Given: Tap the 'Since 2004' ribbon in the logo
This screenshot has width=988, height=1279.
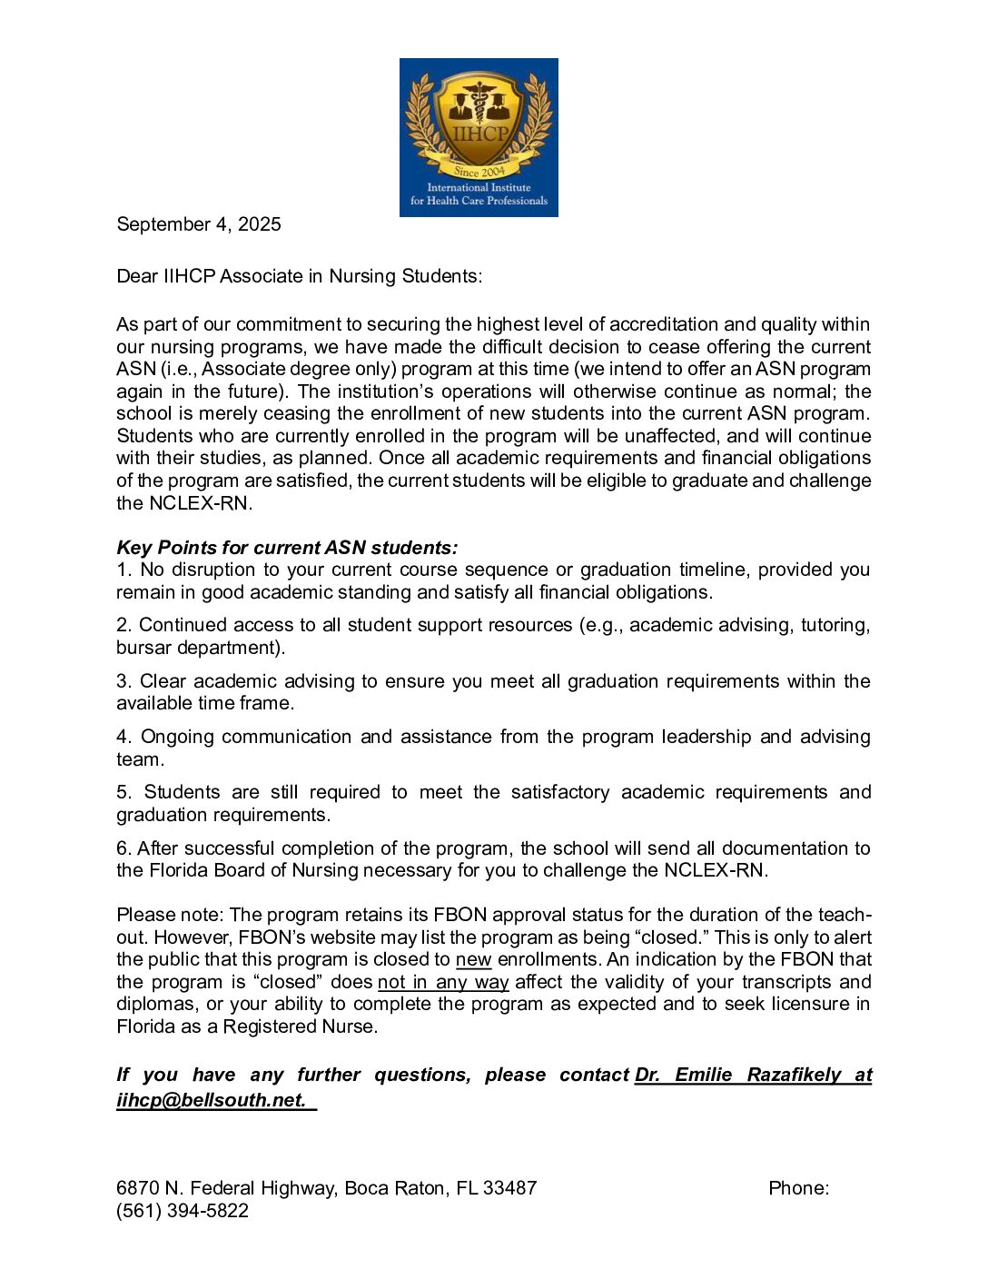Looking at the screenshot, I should (x=479, y=171).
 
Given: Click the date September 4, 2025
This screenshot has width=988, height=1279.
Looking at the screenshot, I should (x=199, y=224).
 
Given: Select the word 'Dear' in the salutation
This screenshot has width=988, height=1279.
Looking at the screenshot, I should (x=137, y=276).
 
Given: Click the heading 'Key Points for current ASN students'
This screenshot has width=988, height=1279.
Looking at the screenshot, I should (x=287, y=548).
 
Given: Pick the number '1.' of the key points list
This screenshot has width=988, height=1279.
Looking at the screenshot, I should (x=124, y=570).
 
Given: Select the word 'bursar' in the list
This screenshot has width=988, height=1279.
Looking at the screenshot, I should (x=141, y=648).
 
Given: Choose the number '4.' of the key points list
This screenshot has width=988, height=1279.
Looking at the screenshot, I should (x=124, y=737).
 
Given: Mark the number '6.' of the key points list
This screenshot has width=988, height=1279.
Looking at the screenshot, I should (x=124, y=848).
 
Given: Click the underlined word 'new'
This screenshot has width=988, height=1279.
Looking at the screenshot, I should (x=473, y=959).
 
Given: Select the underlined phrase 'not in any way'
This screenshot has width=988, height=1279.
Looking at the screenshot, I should (x=443, y=982).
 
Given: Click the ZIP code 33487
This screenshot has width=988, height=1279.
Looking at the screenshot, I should (x=510, y=1188).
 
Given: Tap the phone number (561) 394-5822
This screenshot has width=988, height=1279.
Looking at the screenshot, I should (x=183, y=1211).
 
